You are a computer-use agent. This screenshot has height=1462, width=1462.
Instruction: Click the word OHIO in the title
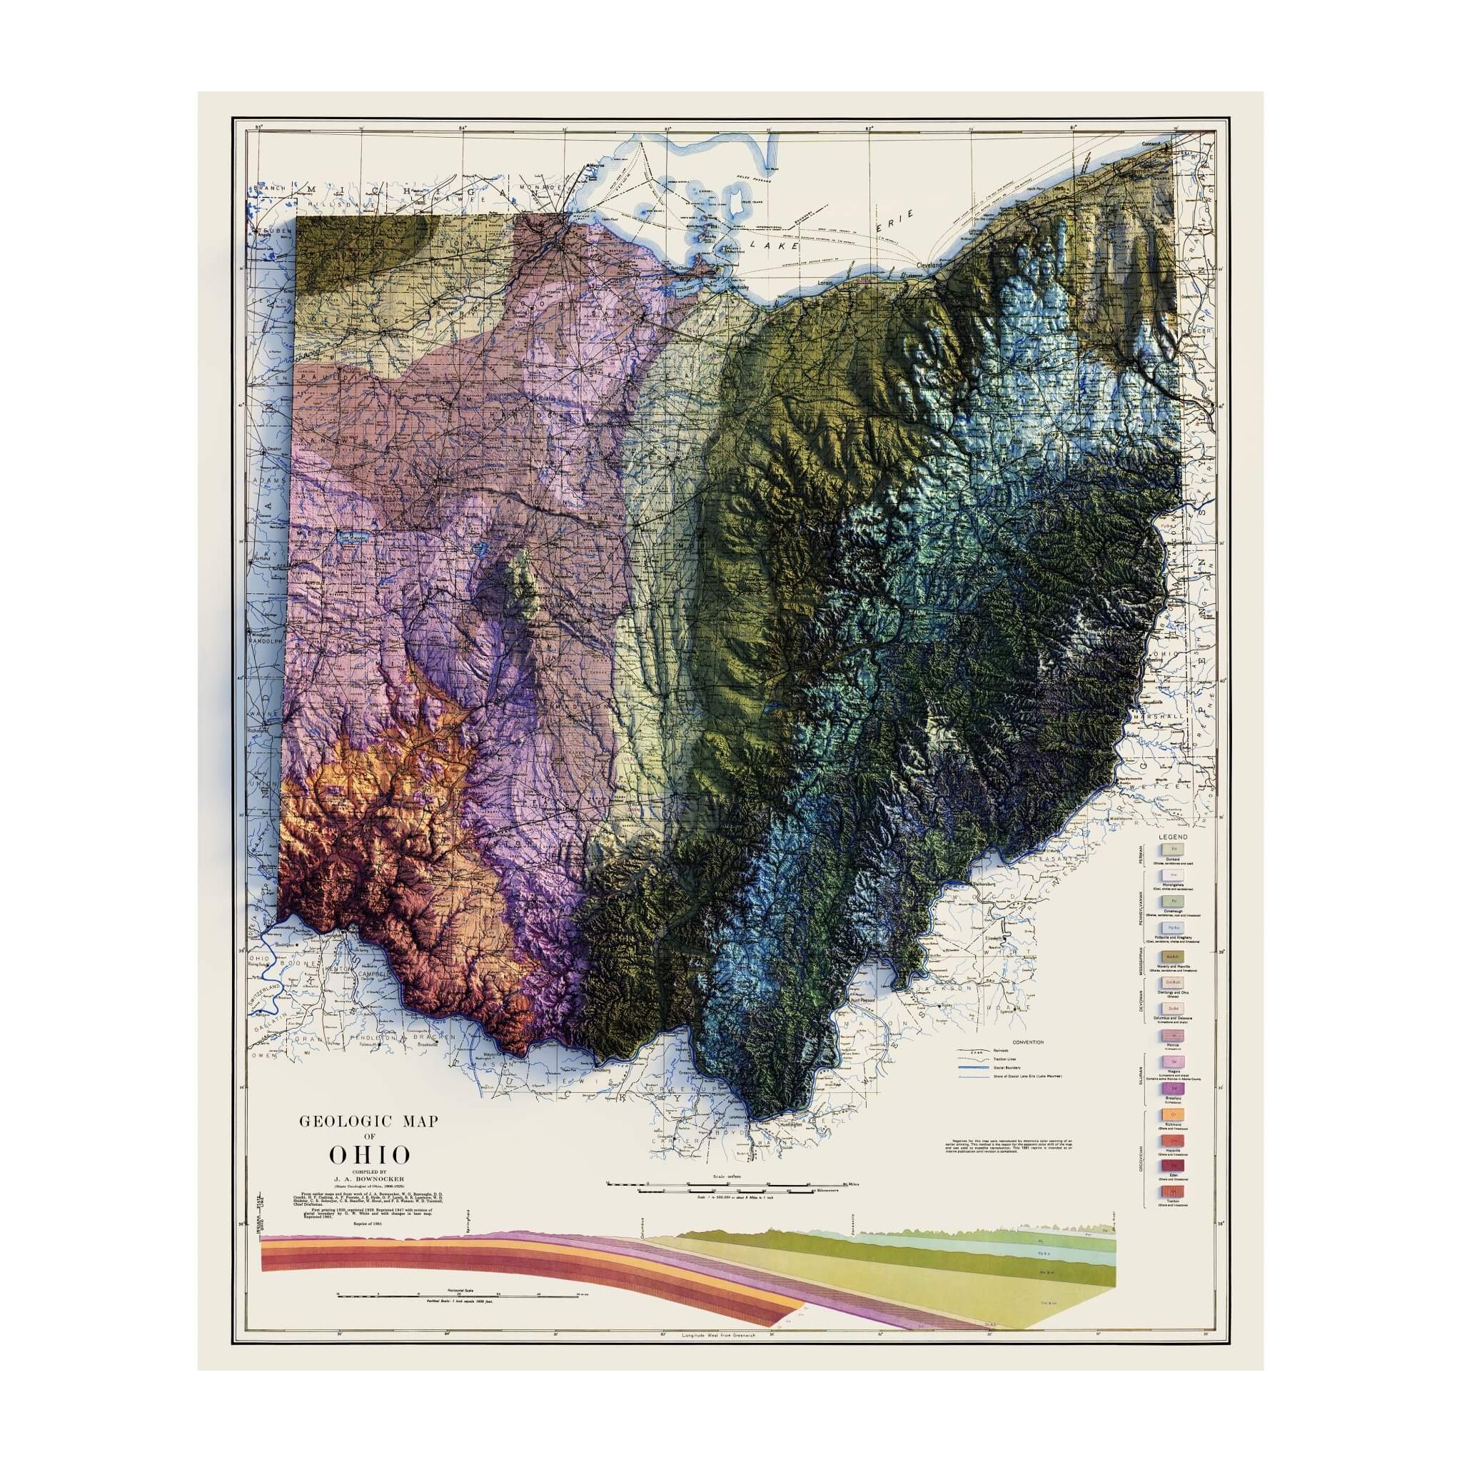(369, 1176)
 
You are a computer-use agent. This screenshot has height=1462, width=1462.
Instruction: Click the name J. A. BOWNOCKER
(370, 1199)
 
